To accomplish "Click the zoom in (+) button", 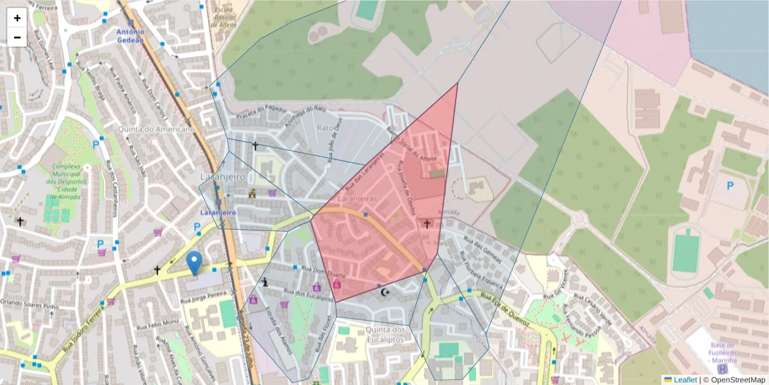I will click(17, 18).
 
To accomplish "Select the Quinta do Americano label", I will click(156, 129).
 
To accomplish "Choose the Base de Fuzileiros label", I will click(723, 352).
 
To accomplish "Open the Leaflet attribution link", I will click(684, 380).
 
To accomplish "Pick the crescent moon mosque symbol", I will click(385, 293).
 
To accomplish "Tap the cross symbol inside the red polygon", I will click(427, 223).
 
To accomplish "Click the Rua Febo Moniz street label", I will click(161, 321).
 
